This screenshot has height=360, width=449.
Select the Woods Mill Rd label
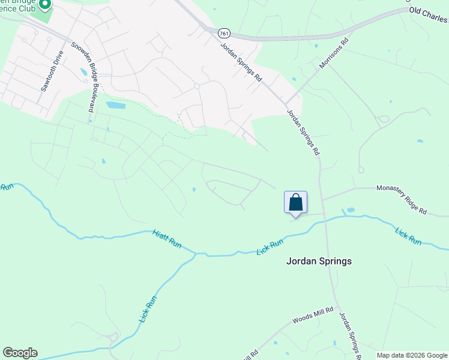308,317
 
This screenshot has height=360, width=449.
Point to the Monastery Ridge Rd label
401,200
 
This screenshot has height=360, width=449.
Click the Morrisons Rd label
334,55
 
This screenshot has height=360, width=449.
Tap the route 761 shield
224,33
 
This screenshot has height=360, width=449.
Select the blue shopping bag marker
295,202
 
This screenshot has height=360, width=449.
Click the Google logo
20,353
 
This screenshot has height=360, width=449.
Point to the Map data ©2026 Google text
412,355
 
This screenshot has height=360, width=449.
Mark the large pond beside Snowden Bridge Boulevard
116,105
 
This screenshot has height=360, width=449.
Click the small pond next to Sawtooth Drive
83,72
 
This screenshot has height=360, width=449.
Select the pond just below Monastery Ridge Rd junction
350,211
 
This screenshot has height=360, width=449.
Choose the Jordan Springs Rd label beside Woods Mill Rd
349,335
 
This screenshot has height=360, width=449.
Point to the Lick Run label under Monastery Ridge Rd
408,235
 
